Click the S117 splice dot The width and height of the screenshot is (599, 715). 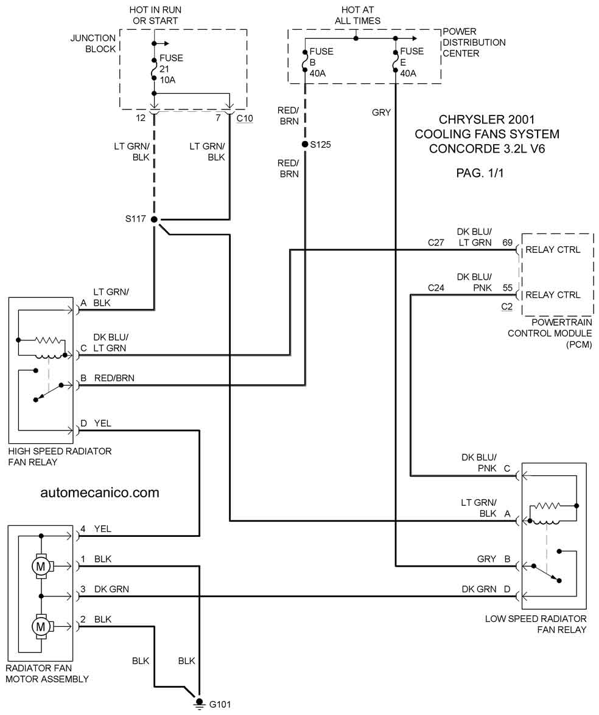pos(155,219)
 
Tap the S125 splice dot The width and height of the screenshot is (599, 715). pos(305,145)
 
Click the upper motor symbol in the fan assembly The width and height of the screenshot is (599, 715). pos(41,567)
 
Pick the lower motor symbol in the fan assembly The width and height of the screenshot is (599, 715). pos(41,626)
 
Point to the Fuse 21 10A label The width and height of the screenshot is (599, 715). pos(171,69)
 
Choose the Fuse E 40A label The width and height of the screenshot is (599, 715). pos(412,63)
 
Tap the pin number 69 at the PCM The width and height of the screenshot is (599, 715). pos(508,243)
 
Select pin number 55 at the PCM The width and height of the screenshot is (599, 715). pos(508,288)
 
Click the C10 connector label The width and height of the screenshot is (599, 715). pos(245,118)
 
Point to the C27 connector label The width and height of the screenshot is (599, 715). pos(436,243)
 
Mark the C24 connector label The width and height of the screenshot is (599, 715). pos(436,288)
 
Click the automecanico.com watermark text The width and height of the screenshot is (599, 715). pos(100,492)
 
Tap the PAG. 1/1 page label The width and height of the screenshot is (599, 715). pos(480,173)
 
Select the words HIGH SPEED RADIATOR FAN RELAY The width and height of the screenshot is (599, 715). pos(60,457)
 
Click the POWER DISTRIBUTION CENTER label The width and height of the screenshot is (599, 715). pos(474,43)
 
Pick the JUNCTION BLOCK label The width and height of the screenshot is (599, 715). pos(93,43)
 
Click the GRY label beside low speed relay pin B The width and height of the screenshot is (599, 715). pos(487,559)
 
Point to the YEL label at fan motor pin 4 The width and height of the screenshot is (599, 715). pos(103,529)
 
